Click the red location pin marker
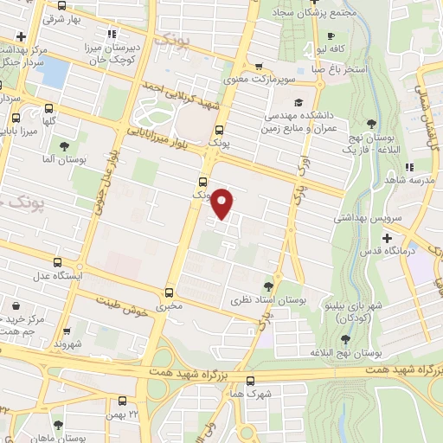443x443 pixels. (x=223, y=202)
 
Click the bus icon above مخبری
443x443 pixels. (x=170, y=292)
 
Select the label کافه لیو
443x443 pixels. (x=333, y=48)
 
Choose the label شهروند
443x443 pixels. (x=66, y=344)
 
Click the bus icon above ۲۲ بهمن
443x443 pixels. (x=122, y=401)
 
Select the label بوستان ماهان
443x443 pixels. (x=59, y=437)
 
